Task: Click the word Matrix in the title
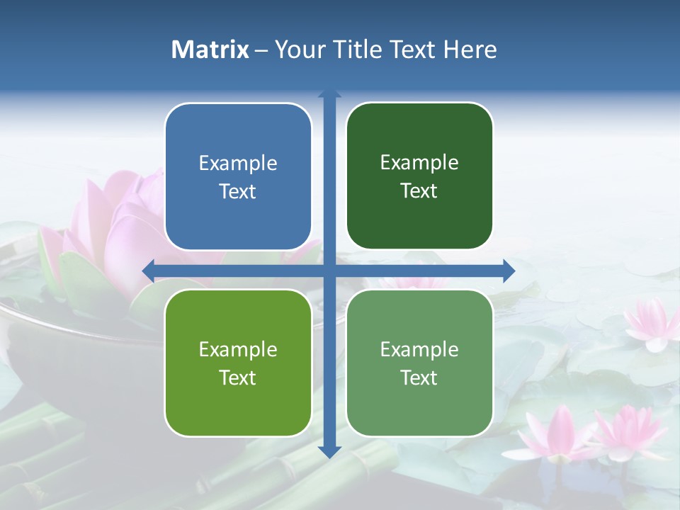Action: (x=210, y=50)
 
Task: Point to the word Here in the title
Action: (x=470, y=50)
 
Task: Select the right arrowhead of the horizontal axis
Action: (x=509, y=271)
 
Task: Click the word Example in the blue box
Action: (x=238, y=164)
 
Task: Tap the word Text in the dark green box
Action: (x=419, y=191)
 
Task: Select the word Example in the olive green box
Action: (x=238, y=349)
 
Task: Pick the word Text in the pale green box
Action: (x=419, y=378)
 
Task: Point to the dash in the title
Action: (x=261, y=50)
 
